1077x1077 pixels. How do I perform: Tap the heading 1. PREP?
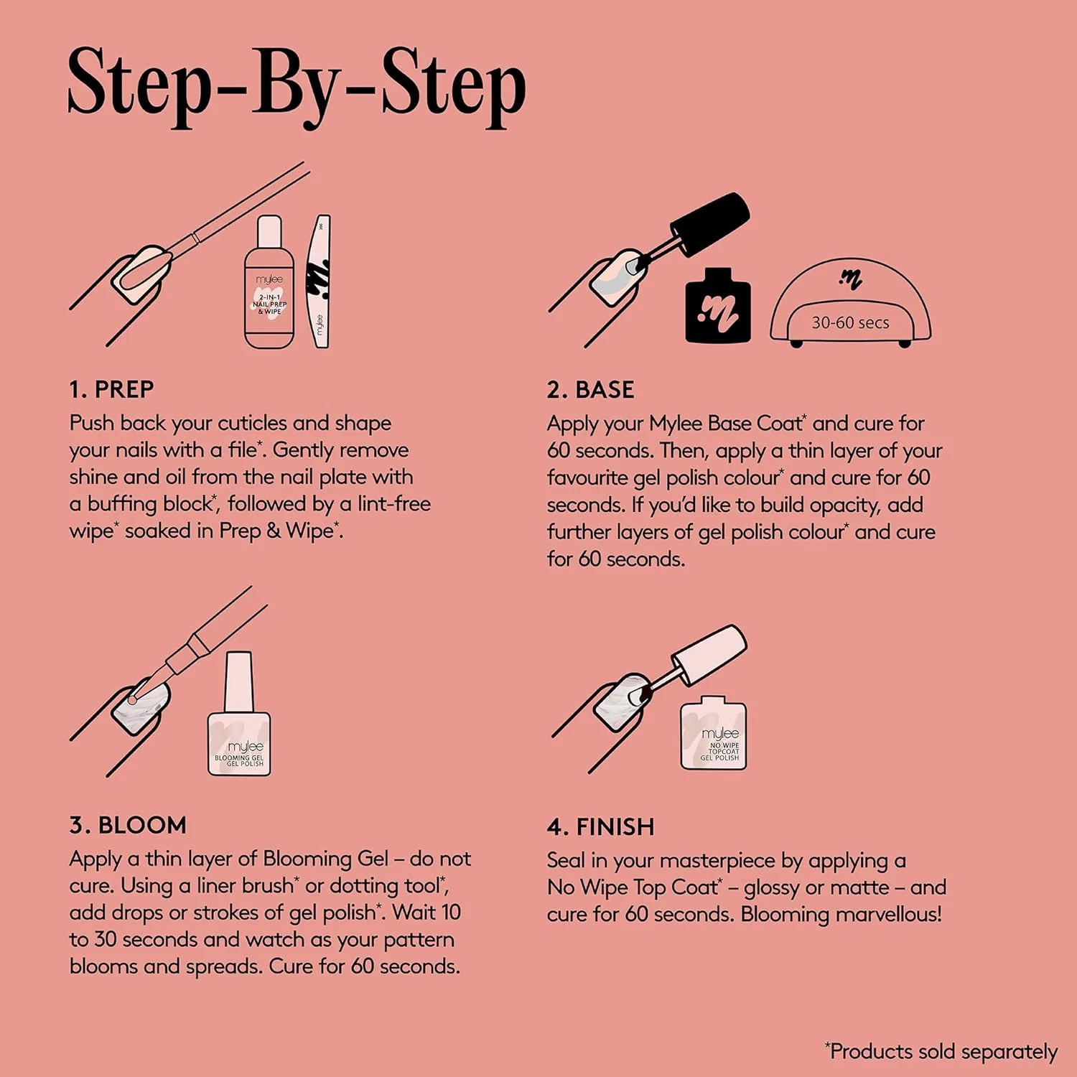click(x=111, y=390)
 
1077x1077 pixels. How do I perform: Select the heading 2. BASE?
click(x=590, y=390)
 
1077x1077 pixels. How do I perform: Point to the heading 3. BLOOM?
click(x=128, y=825)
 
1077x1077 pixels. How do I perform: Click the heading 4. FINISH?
click(x=600, y=827)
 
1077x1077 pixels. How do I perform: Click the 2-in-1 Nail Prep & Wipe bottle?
click(x=269, y=282)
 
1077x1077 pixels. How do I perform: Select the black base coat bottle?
click(x=718, y=305)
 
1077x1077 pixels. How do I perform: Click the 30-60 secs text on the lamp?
click(x=850, y=323)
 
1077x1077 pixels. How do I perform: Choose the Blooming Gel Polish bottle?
click(x=239, y=714)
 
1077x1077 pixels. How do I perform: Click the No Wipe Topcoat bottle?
click(x=714, y=733)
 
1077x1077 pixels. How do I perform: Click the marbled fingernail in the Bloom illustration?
click(x=141, y=707)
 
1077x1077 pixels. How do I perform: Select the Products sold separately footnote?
click(x=941, y=1052)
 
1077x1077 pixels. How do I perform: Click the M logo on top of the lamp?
click(x=851, y=279)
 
